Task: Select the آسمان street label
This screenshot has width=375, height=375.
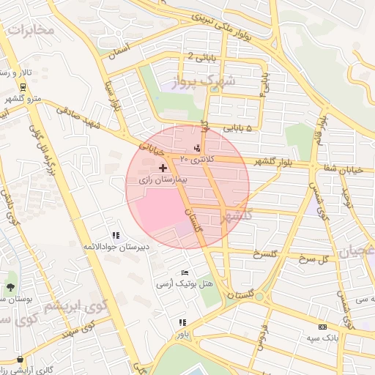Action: (117, 51)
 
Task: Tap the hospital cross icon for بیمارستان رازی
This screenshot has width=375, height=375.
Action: (163, 168)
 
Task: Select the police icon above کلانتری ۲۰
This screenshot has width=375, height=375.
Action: (196, 149)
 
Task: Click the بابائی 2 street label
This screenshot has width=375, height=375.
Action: (201, 56)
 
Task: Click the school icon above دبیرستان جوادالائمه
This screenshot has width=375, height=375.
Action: (116, 235)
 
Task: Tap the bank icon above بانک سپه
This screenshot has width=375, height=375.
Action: (322, 327)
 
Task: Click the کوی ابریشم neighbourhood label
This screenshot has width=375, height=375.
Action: (75, 305)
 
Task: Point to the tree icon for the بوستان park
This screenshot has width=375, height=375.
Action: (11, 286)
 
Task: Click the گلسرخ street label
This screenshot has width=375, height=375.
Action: (267, 254)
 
